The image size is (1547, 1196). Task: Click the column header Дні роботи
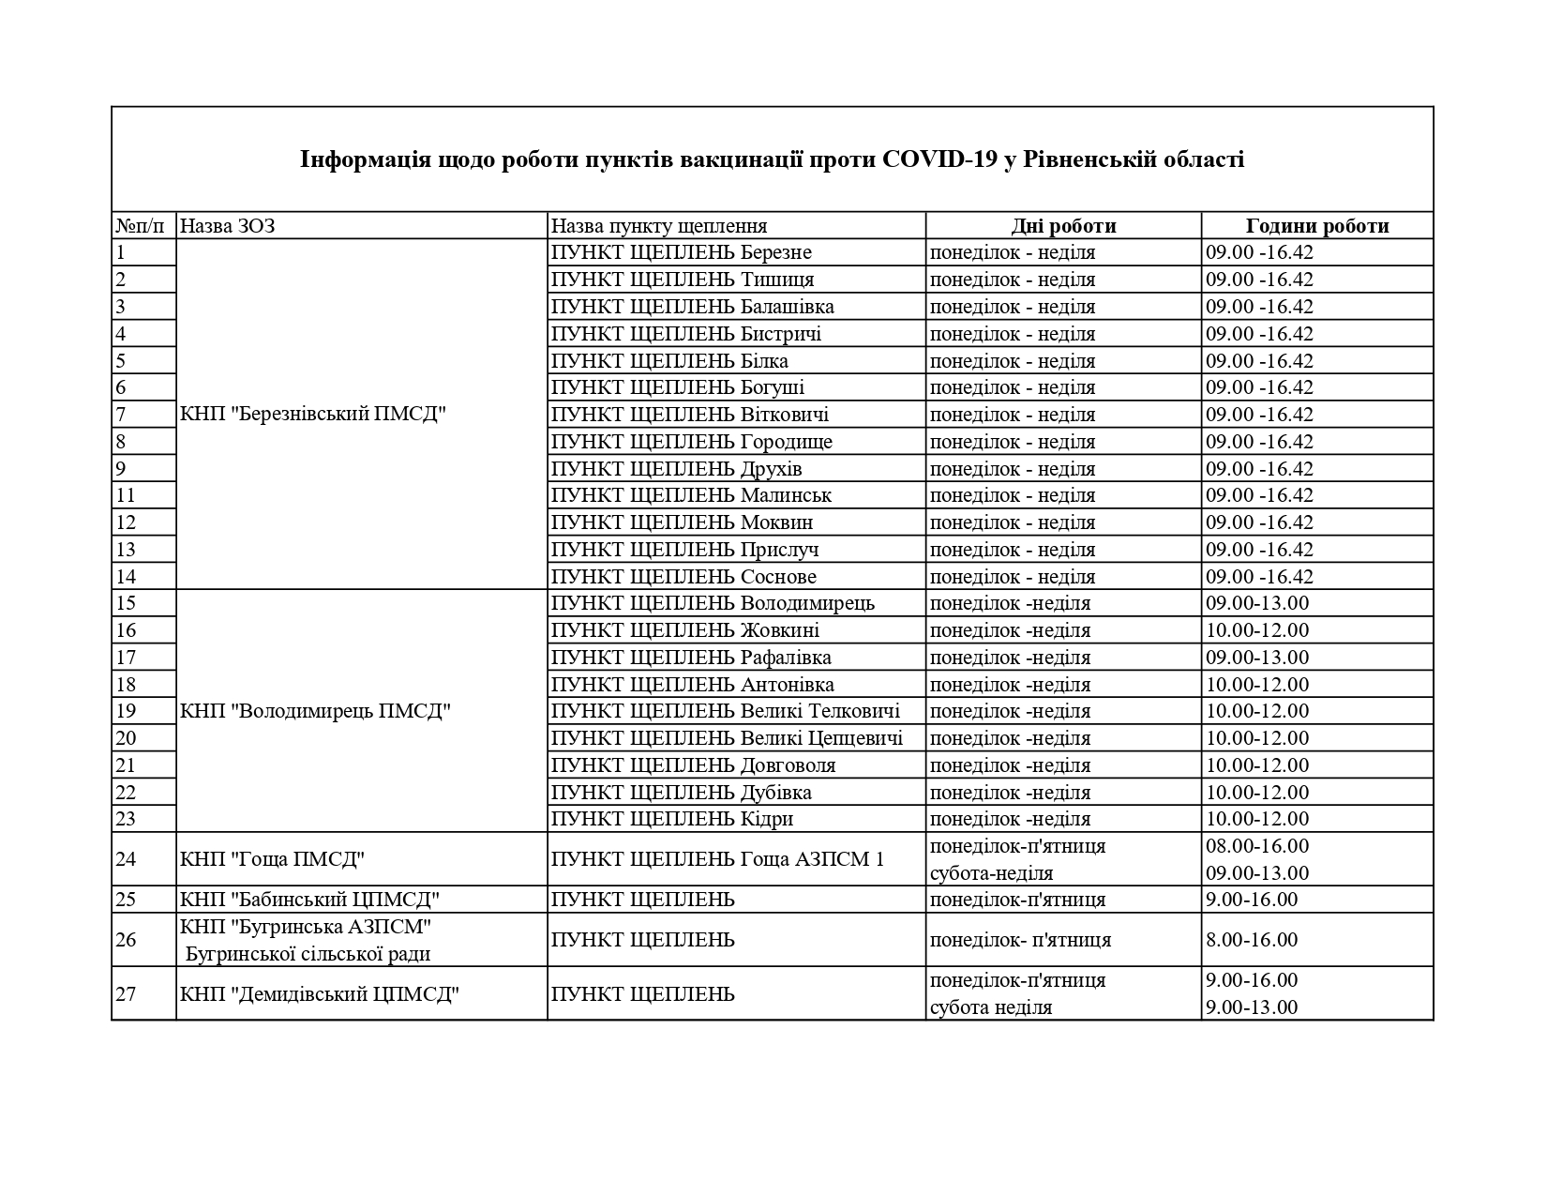click(x=1063, y=226)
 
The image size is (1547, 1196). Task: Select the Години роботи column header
click(x=1317, y=226)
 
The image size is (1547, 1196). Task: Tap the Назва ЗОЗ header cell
click(x=227, y=226)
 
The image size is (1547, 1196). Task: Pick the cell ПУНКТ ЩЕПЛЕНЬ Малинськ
click(x=691, y=495)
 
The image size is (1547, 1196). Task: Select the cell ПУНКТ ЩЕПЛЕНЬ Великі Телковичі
click(x=726, y=711)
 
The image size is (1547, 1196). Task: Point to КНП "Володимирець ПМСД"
click(x=315, y=711)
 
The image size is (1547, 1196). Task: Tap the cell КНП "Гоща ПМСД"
click(x=272, y=859)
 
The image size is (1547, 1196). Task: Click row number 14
click(x=126, y=577)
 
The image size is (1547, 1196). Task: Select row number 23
click(x=126, y=819)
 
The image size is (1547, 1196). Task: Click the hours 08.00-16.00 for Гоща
click(x=1257, y=846)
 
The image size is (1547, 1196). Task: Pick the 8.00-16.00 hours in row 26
click(x=1252, y=940)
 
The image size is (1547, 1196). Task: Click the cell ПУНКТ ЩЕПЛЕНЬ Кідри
click(x=672, y=819)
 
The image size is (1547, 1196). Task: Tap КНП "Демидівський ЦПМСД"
click(x=319, y=993)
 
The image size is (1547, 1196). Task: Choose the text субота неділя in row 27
click(x=990, y=1007)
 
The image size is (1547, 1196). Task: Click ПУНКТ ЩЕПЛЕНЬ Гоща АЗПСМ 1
click(x=717, y=859)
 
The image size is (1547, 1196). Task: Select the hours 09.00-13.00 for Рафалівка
click(x=1257, y=658)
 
